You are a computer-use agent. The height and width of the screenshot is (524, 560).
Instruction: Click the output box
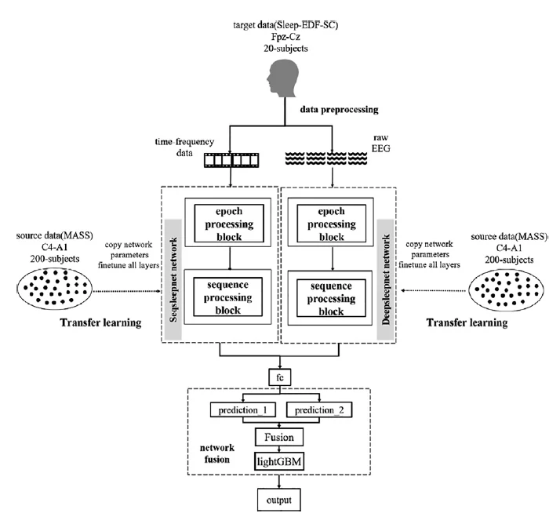278,500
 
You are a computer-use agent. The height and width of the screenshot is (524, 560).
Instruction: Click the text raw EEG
381,146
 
